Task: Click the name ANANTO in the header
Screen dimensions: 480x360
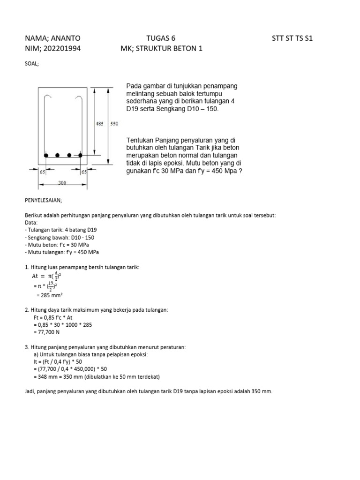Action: pos(65,38)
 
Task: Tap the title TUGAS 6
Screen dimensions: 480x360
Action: pos(161,38)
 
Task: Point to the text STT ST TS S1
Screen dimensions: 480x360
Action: pos(292,38)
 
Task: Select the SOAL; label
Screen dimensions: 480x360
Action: pos(32,63)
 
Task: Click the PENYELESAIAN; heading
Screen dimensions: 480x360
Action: pos(46,199)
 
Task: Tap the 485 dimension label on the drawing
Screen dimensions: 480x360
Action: pos(99,124)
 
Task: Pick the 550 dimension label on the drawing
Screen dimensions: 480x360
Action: pos(114,124)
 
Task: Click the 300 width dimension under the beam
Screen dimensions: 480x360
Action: pos(62,183)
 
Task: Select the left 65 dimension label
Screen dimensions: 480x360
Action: pos(42,172)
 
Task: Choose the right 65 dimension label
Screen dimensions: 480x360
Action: pos(85,172)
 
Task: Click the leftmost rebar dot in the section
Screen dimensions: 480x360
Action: pos(46,155)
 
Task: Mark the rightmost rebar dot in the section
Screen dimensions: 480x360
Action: pos(80,155)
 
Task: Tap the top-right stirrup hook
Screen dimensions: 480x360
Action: pos(79,99)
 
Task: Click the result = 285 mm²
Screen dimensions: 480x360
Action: pos(50,295)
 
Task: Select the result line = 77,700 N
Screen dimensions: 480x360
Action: pos(47,332)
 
